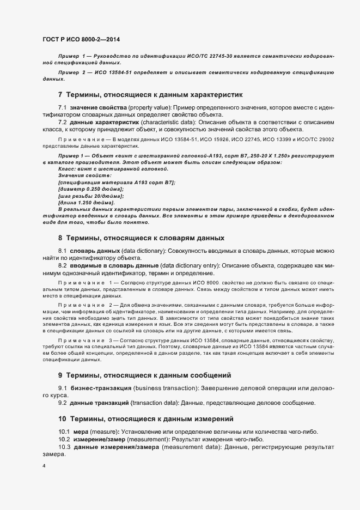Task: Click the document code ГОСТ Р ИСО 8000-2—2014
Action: point(81,39)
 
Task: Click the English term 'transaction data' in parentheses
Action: point(155,403)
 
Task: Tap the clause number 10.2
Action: point(64,439)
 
